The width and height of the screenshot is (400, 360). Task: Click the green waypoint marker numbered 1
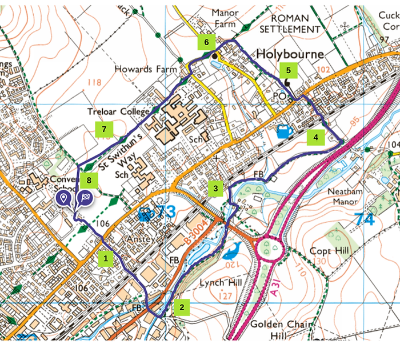tap(105, 258)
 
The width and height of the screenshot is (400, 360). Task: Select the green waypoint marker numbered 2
tap(182, 307)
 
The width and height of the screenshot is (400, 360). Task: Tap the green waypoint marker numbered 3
tap(215, 188)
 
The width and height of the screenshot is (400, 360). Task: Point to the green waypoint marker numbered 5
tap(289, 70)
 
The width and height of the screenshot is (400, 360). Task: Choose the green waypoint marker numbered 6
tap(206, 42)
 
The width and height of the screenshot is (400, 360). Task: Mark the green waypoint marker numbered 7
tap(103, 129)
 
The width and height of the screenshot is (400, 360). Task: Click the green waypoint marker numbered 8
tap(89, 179)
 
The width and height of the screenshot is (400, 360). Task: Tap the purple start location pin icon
tap(65, 199)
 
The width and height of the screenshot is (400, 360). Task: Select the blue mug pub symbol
tap(284, 131)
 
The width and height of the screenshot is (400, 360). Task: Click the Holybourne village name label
tap(290, 54)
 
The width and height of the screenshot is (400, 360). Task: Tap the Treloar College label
tap(118, 111)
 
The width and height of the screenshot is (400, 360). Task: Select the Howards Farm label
tap(142, 69)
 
